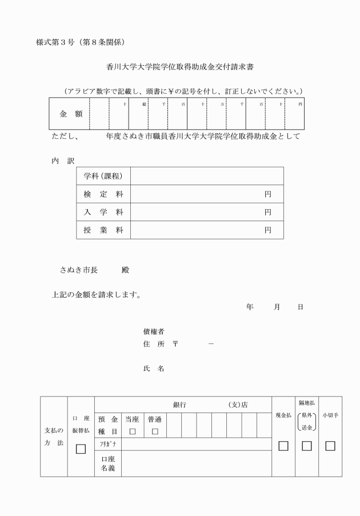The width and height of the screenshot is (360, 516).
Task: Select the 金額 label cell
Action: coord(71,114)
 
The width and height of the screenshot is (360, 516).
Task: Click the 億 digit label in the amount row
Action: coord(144,104)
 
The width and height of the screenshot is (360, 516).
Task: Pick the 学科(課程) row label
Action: coord(103,176)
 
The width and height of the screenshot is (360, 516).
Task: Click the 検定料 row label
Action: coord(103,194)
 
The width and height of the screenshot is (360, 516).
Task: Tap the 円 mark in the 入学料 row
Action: coord(267,213)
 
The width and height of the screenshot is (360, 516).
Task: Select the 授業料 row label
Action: coord(103,230)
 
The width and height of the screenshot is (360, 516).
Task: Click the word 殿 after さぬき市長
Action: coord(126,269)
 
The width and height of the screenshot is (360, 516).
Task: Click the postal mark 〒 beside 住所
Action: coord(175,344)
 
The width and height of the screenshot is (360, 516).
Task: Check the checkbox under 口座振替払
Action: coord(81,449)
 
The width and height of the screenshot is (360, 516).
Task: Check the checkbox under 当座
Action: coord(133,431)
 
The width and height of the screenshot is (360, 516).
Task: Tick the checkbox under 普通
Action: coord(154,431)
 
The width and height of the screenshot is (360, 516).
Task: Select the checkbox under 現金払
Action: coord(283,446)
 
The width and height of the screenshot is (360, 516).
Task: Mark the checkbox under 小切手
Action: coord(330,446)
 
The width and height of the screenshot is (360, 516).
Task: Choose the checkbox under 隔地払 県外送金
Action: coord(307,446)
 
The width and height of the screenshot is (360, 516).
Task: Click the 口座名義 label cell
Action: coord(108,463)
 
